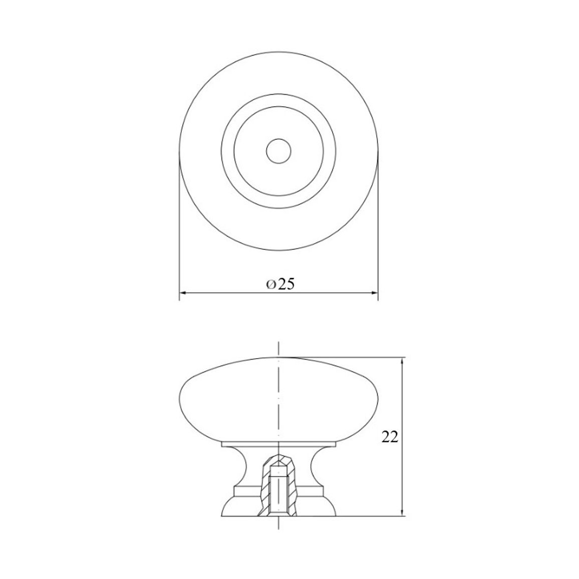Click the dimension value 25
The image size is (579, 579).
click(286, 284)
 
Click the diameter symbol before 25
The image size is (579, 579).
click(271, 284)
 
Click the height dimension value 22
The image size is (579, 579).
click(390, 437)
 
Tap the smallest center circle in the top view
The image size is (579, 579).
click(279, 151)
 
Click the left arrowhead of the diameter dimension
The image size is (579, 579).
click(183, 293)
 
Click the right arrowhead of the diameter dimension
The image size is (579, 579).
click(375, 293)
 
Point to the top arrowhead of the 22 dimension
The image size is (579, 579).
click(402, 361)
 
